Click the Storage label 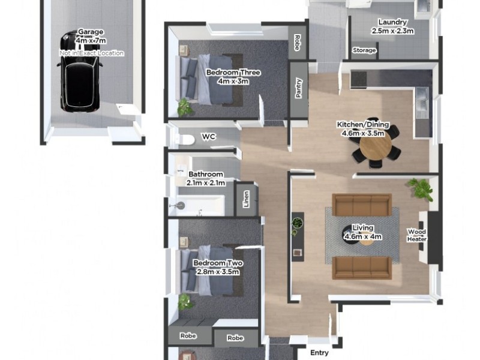364,50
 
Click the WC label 208,137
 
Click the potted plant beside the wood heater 421,188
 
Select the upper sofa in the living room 362,205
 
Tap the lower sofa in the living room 362,268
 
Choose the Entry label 319,353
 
